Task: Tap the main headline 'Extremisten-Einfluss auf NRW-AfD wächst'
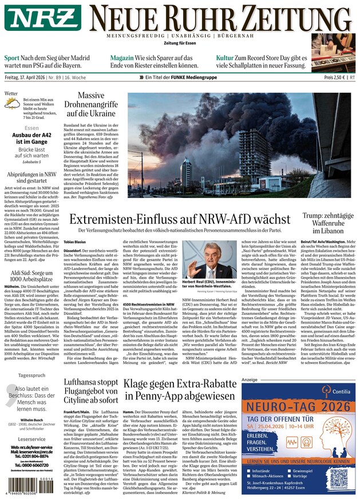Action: click(179, 219)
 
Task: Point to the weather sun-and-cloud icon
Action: click(11, 104)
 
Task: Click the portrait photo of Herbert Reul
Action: click(203, 259)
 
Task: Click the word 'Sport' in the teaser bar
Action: click(11, 58)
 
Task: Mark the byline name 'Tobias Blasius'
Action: click(76, 242)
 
